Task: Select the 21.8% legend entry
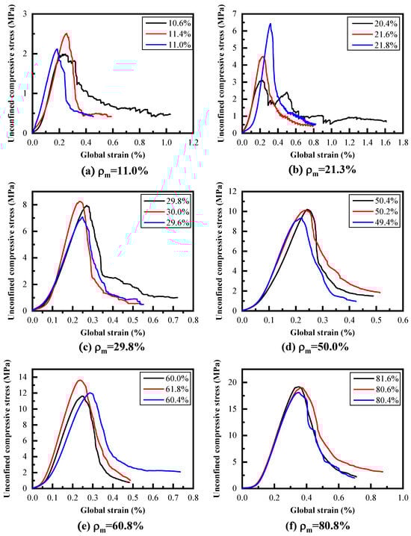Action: [378, 46]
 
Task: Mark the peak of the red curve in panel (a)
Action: [67, 34]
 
